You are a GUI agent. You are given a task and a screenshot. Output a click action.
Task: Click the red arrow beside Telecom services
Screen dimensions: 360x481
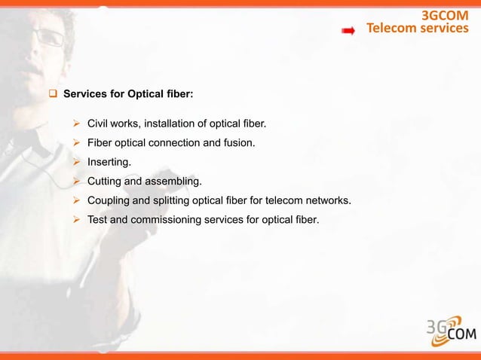click(349, 31)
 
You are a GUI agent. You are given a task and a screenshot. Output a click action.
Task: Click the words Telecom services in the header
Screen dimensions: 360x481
click(417, 29)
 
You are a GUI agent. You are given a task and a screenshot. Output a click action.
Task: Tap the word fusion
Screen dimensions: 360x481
click(249, 142)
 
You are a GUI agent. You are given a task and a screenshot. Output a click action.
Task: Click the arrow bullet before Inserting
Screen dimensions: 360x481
click(76, 161)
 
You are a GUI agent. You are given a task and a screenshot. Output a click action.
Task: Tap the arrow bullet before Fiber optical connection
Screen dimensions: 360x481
click(76, 142)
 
